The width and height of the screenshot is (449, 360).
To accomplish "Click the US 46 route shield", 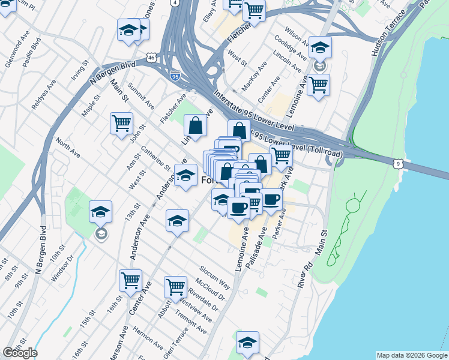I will coord(151,58).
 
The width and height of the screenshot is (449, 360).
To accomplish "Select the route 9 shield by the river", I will coord(397,163).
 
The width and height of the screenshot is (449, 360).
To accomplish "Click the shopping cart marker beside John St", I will coord(121,123).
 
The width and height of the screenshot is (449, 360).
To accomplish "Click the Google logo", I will coord(20,353).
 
